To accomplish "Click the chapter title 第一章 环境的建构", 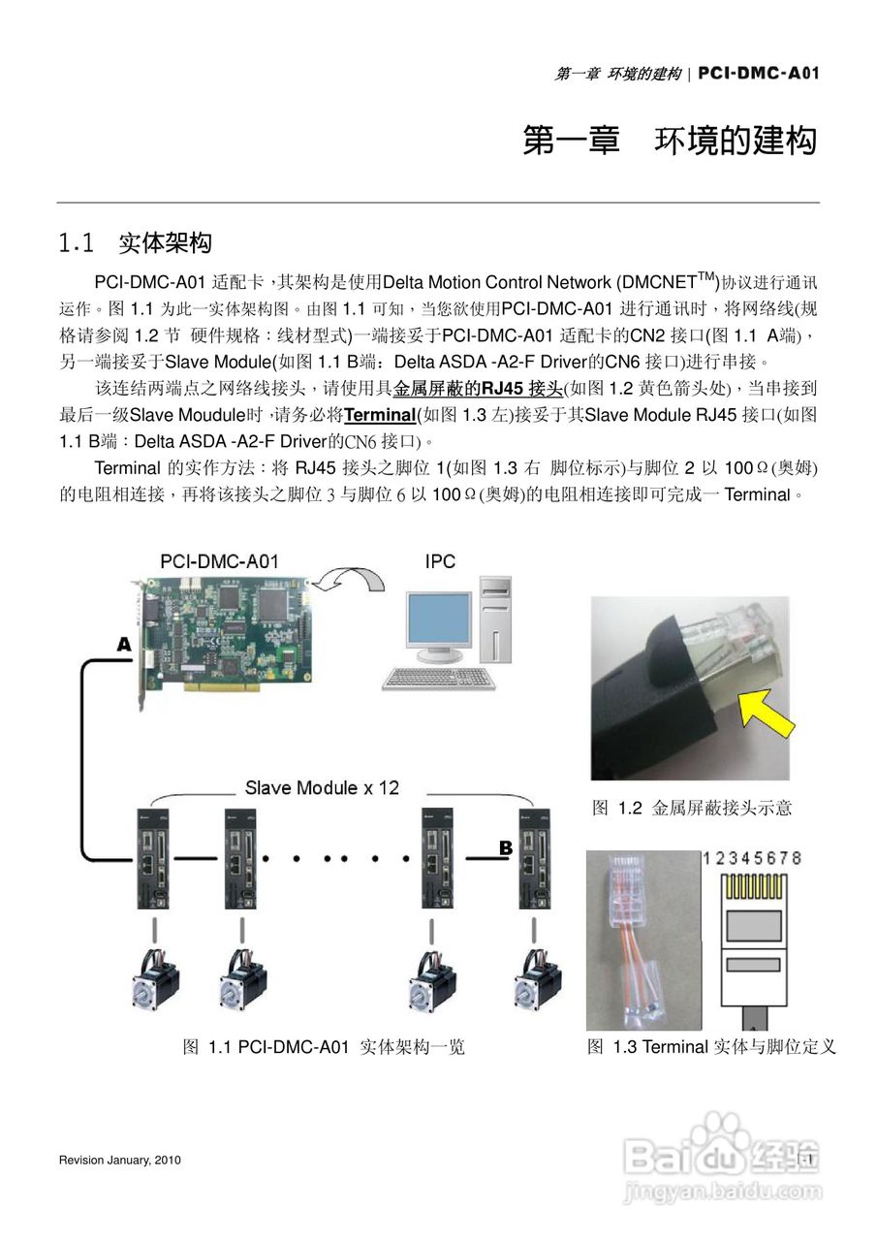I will (x=670, y=141).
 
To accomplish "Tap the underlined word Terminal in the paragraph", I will (x=379, y=415).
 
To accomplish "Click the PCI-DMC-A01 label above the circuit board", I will (x=219, y=561).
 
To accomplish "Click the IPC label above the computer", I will (x=439, y=561).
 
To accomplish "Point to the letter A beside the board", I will (x=124, y=644).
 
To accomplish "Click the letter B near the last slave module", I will (x=505, y=848).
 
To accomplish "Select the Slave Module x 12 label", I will (x=322, y=788).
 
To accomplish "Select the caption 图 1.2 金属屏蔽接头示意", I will (x=691, y=808).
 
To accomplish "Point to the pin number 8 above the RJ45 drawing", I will (x=796, y=859).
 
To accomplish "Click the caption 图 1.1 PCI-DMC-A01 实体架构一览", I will (x=324, y=1047).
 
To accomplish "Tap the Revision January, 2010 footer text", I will (x=119, y=1161).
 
